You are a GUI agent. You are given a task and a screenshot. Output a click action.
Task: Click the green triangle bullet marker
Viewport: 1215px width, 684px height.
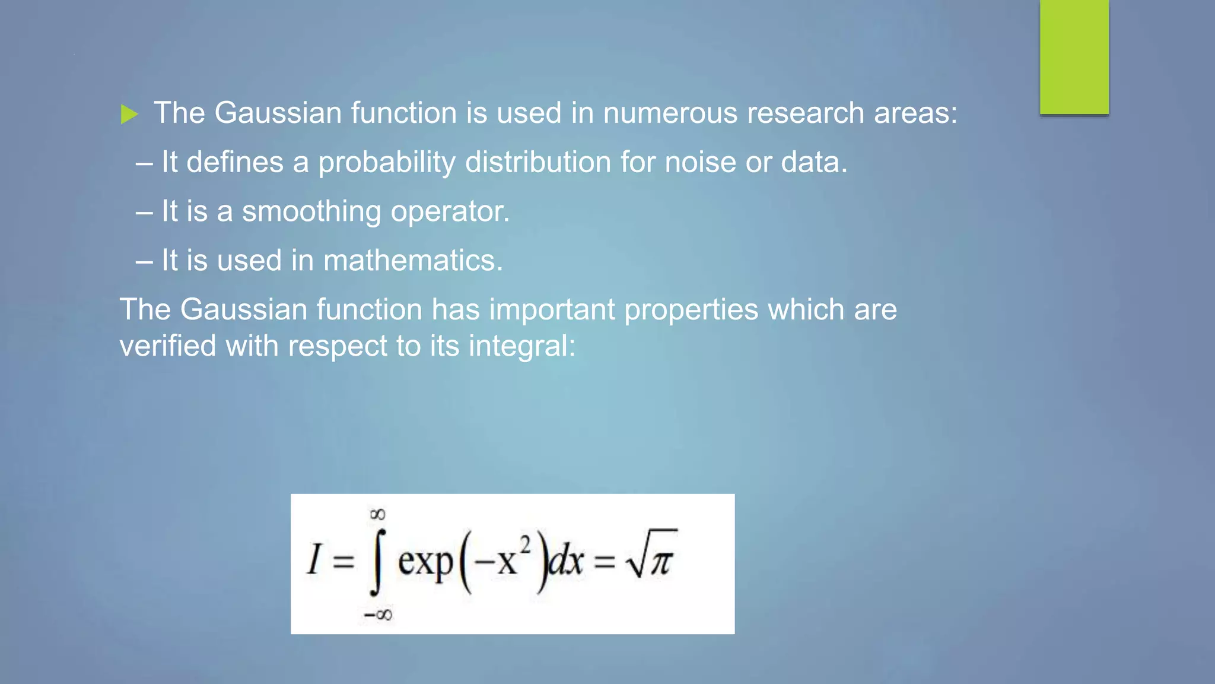[x=129, y=114]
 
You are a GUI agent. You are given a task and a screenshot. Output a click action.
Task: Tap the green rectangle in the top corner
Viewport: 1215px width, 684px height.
[x=1074, y=57]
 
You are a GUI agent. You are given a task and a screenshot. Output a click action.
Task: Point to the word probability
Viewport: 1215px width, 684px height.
[x=387, y=163]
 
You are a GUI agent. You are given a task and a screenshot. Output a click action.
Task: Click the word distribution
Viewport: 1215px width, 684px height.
[x=537, y=162]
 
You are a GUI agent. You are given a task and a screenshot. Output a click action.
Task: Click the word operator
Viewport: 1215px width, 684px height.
[x=450, y=212]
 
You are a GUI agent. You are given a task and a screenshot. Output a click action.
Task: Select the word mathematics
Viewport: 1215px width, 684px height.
[x=413, y=261]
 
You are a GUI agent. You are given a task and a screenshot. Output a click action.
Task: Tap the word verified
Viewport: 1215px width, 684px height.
[x=168, y=346]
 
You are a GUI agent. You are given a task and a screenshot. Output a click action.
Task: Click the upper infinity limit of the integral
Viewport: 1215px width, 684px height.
[x=377, y=514]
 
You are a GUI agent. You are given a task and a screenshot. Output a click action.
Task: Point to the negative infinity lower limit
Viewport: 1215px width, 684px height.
[x=378, y=615]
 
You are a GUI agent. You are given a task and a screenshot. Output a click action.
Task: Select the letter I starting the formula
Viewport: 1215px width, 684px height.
[x=314, y=560]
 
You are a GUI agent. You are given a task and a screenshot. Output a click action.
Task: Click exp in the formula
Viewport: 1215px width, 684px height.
[x=425, y=562]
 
